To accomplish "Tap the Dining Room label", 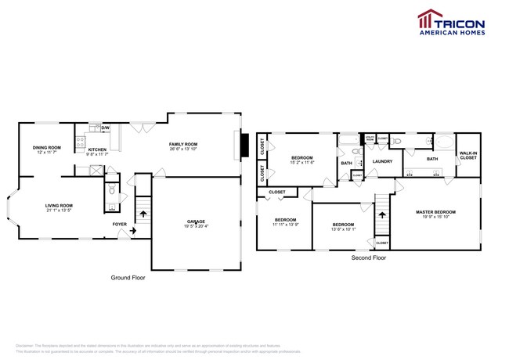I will click(x=46, y=148).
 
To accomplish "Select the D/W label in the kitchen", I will click(x=105, y=128).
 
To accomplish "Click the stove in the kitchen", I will click(x=79, y=142).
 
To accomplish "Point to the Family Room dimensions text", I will click(x=184, y=149).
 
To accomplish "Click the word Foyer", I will click(x=119, y=224).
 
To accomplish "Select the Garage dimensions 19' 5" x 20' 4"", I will click(x=196, y=227).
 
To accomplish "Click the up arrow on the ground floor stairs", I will click(x=143, y=209).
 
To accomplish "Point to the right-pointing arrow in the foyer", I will click(x=132, y=232).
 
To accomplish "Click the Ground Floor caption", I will click(x=127, y=277).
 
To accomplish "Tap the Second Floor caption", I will click(x=369, y=257).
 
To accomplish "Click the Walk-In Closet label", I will click(x=467, y=156).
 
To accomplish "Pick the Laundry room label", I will click(x=382, y=162).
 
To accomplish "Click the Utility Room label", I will click(x=370, y=139).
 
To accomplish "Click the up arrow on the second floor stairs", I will click(x=382, y=211).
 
